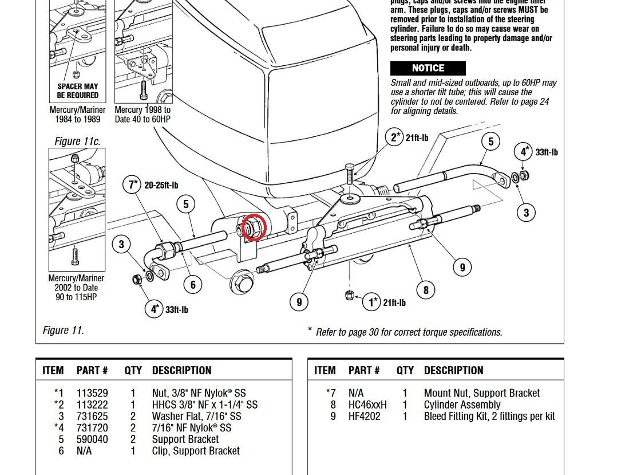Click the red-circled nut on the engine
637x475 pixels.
coord(252,226)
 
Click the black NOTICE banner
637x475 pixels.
coord(428,68)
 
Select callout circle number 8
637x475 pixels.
coord(425,290)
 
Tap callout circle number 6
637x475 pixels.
coord(193,284)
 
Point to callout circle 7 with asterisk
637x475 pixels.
coord(133,185)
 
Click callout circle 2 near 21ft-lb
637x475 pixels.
coord(394,138)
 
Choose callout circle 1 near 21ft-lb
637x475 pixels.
coord(373,302)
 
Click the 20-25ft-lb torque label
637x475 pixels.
coord(161,185)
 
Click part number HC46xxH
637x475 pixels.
coord(367,405)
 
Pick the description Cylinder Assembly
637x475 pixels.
coord(462,405)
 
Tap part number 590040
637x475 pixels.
coord(92,439)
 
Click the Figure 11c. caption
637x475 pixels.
coord(77,141)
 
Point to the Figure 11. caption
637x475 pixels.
coord(63,330)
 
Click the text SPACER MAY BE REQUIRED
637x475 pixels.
coord(77,91)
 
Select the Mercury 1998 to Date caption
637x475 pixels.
coord(143,114)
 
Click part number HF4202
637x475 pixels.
coord(364,416)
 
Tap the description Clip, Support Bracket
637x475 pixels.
coord(196,450)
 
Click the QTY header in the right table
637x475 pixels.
coord(405,371)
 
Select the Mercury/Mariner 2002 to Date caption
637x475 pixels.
coord(77,288)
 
